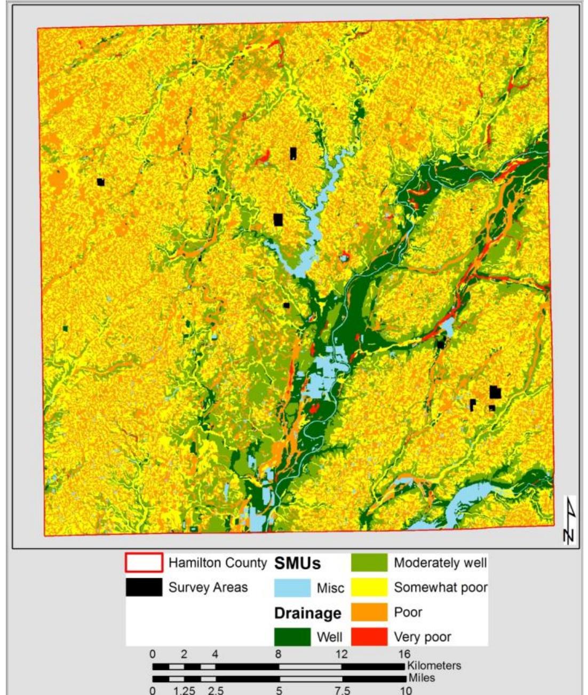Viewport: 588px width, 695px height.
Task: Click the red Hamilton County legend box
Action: pos(144,563)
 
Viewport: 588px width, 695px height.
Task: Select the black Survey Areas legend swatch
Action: pos(144,587)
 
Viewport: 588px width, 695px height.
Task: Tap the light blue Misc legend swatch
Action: pos(292,588)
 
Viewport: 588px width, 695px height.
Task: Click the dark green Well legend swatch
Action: pos(292,637)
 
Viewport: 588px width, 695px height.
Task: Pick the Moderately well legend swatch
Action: pos(369,563)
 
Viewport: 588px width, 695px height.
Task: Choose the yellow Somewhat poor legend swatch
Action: pos(369,587)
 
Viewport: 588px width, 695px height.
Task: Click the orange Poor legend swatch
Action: pos(369,612)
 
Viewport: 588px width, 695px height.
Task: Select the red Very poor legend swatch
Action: pos(369,637)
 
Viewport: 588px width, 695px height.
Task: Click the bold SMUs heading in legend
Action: pos(297,564)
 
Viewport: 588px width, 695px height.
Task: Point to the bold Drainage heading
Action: pos(307,613)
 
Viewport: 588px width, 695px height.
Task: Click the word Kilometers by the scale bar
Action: pos(434,666)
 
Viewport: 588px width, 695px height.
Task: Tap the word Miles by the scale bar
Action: pos(422,678)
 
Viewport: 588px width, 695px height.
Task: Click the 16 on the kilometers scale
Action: pos(404,654)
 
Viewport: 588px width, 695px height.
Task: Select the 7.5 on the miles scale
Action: pos(342,690)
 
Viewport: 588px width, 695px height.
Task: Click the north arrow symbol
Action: pos(570,520)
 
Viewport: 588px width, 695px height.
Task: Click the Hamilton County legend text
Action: pos(217,563)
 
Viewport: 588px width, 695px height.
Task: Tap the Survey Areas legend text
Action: pos(208,588)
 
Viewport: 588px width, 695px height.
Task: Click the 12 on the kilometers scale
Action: pos(341,654)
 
